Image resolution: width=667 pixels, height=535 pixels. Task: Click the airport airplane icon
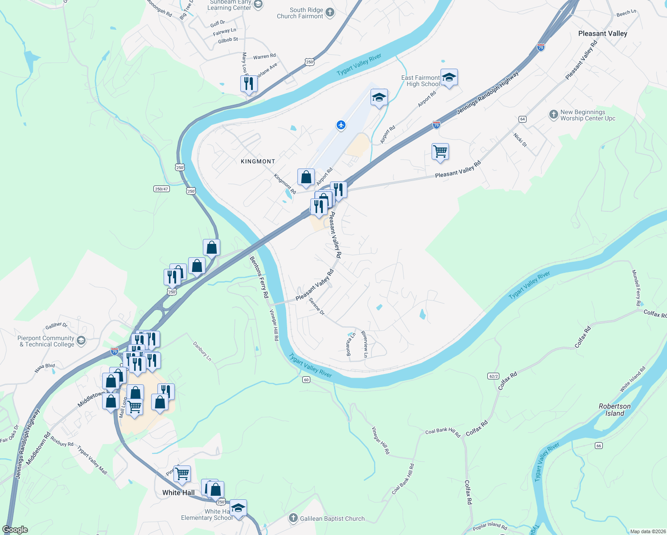(x=341, y=125)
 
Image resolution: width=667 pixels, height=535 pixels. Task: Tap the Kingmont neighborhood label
(x=258, y=161)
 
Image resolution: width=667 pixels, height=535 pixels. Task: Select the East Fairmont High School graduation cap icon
(x=449, y=78)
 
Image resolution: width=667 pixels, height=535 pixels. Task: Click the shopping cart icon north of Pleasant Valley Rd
(x=440, y=152)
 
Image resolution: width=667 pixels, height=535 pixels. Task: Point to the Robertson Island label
(x=614, y=410)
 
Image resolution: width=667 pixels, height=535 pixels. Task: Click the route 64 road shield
(x=523, y=119)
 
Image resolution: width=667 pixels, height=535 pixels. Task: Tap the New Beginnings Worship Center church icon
(x=553, y=115)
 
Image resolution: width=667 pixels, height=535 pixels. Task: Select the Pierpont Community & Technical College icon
(x=81, y=341)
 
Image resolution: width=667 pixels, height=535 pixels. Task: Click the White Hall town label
(x=178, y=493)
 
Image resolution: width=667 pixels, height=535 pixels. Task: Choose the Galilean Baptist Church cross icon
(x=293, y=518)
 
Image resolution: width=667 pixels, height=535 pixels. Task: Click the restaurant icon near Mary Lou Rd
(x=249, y=83)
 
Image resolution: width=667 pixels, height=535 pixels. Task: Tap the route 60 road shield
(x=306, y=379)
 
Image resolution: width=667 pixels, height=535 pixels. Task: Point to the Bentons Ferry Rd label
(x=259, y=277)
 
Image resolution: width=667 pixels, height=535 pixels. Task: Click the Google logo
(x=15, y=530)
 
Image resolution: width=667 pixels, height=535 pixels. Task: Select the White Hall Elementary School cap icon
(x=238, y=508)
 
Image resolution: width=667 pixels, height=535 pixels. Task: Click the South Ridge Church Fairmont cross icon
(x=330, y=12)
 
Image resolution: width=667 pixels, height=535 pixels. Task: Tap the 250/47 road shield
(x=161, y=189)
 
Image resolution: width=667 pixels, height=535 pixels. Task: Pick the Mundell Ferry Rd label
(x=636, y=288)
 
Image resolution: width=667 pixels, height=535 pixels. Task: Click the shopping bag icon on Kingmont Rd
(x=306, y=177)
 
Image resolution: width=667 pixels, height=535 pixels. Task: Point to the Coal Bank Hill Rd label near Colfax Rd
(x=443, y=432)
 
